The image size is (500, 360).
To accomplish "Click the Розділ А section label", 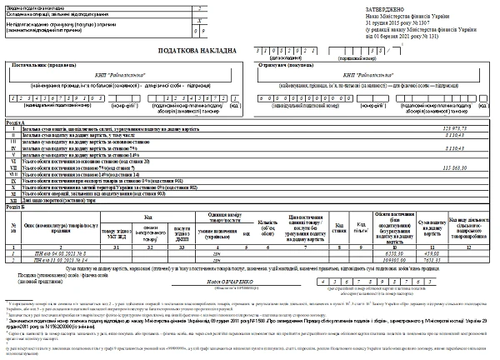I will click(15, 121).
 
